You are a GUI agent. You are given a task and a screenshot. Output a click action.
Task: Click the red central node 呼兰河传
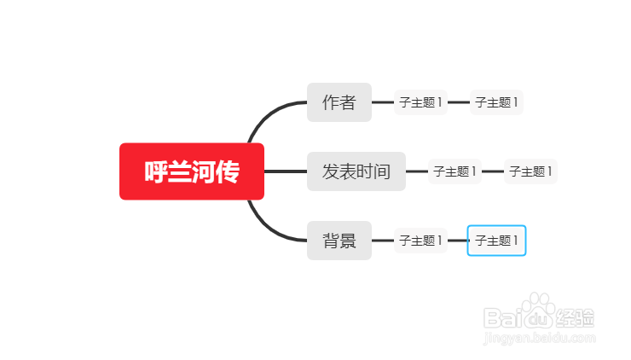coord(192,171)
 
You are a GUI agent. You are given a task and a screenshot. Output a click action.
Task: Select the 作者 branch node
coord(339,102)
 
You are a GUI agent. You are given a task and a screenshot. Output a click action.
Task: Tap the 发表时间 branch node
coord(356,171)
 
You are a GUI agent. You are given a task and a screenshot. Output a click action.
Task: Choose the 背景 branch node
coord(339,241)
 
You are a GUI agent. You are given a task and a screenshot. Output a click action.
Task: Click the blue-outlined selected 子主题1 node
coord(496,241)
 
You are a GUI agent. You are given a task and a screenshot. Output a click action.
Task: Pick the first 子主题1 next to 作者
coord(420,102)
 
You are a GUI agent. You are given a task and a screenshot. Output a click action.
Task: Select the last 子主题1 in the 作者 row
coord(496,102)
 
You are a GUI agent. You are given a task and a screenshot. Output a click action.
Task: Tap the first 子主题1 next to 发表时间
coord(454,171)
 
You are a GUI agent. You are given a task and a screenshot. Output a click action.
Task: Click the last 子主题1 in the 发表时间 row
coord(530,171)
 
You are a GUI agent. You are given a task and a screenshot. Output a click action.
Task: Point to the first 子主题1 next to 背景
coord(420,241)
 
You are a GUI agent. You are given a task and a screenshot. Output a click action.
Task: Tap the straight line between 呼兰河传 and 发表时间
coord(286,171)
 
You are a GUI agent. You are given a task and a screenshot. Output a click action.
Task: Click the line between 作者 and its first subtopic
coord(383,102)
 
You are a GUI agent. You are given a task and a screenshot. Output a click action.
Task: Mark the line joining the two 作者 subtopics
coord(459,102)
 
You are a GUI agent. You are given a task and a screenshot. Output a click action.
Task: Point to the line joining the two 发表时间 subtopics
coord(493,171)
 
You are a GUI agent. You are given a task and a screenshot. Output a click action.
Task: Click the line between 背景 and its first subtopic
coord(383,241)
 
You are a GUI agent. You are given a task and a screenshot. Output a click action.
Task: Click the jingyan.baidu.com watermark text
coord(539,339)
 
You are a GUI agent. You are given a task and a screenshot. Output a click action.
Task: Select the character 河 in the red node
coord(204,171)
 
